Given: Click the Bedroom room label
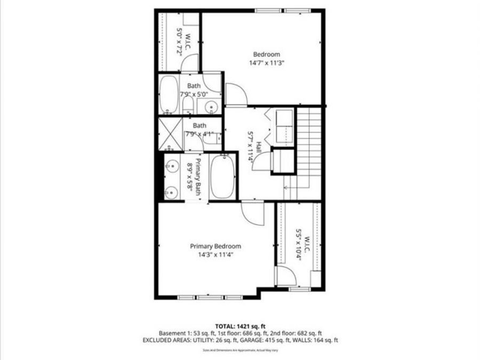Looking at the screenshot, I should [266, 54].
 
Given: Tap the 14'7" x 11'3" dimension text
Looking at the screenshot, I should [266, 62].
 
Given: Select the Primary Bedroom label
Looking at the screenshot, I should [215, 246].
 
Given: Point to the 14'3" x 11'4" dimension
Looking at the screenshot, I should [215, 255].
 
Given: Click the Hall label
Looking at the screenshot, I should [258, 147].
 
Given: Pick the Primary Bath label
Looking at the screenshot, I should [198, 177].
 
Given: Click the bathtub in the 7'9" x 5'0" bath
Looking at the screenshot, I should [170, 94].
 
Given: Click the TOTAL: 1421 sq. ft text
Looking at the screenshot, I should [240, 325].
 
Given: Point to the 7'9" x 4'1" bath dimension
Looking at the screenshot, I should [199, 134].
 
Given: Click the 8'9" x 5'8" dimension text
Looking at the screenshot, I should [189, 177].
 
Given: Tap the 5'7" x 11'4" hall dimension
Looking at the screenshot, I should [250, 147].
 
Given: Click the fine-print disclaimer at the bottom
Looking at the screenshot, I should [239, 350].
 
